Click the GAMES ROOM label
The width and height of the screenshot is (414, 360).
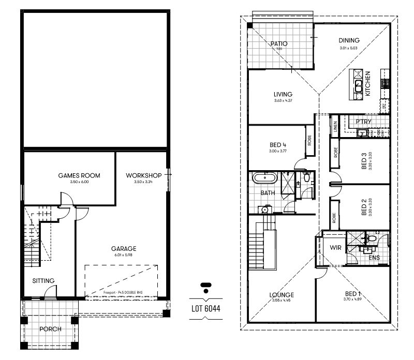79,176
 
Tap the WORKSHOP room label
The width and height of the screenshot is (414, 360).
144,176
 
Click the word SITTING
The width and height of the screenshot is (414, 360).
43,281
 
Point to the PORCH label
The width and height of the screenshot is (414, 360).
50,329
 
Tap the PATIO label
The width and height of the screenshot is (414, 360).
278,44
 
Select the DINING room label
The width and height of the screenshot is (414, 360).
349,41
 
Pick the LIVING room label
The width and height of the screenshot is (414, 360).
283,94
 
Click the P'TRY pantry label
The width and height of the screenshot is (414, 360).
363,122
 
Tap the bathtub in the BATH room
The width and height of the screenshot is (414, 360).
264,179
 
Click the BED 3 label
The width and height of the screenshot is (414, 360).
364,161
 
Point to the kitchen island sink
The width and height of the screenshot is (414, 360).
358,84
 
